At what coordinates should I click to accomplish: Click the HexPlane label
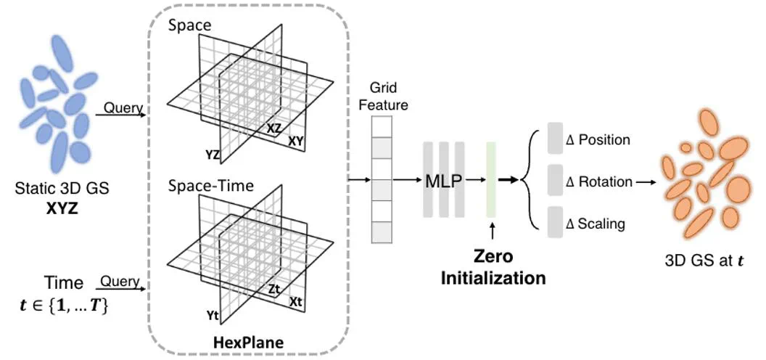[248, 340]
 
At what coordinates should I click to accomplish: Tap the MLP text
[443, 180]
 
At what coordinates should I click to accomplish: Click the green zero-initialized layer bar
[491, 179]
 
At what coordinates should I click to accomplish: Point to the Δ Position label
[598, 139]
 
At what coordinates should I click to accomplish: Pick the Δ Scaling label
[596, 224]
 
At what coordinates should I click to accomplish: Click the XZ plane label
[274, 128]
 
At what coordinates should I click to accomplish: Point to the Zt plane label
[273, 289]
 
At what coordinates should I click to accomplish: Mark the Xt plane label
[297, 301]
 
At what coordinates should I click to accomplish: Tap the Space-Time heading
[211, 187]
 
